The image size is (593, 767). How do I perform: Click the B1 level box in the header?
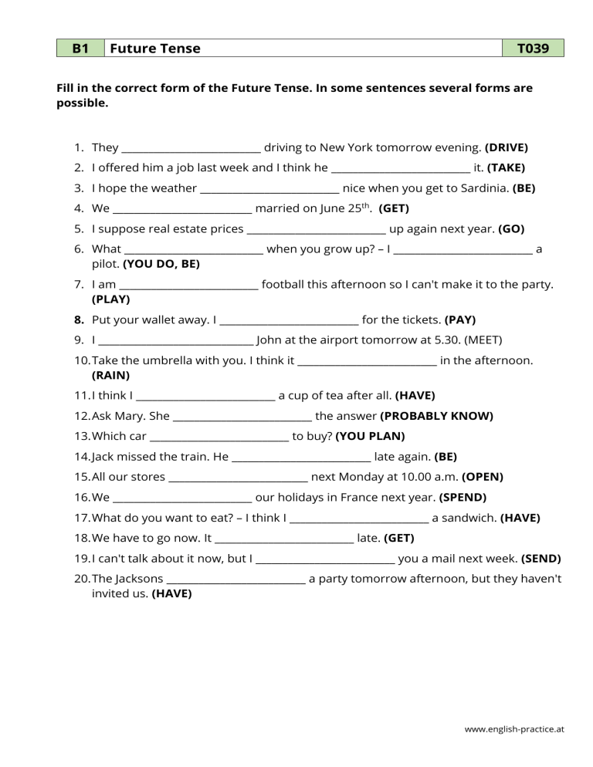click(80, 49)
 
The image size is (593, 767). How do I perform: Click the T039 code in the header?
click(533, 49)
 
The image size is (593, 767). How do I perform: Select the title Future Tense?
click(155, 49)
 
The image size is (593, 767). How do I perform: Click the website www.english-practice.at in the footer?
click(515, 728)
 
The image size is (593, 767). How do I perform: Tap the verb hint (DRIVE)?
click(507, 147)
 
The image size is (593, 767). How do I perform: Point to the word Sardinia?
click(483, 188)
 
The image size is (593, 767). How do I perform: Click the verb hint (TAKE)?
click(507, 167)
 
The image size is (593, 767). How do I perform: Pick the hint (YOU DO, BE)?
click(161, 263)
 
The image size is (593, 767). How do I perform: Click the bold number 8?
click(79, 319)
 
